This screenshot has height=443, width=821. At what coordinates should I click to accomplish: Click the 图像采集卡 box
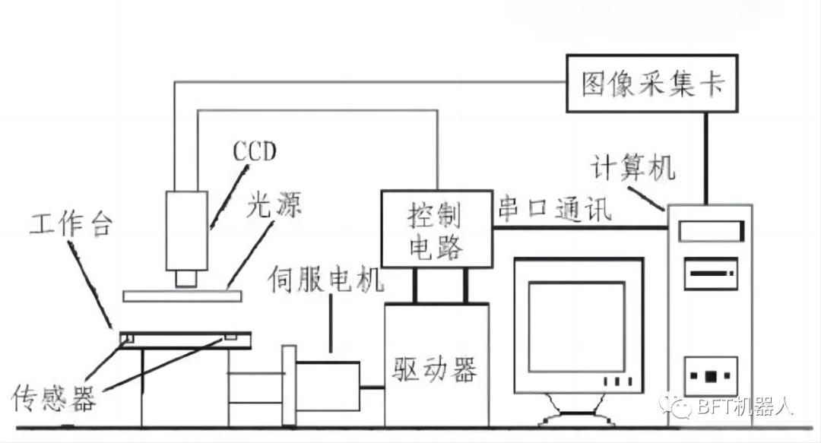point(652,84)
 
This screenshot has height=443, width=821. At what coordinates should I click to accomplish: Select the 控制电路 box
point(436,229)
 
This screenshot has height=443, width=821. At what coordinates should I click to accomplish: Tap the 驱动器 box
point(436,365)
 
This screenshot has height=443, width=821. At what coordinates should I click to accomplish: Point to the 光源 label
point(274,204)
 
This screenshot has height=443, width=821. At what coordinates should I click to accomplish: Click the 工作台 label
point(71,224)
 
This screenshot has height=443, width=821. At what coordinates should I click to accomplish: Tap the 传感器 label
point(54,398)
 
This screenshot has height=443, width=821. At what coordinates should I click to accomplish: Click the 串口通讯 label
point(554,207)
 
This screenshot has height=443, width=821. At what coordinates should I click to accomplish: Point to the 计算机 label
point(632,168)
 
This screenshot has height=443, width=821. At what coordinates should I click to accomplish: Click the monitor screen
point(577,327)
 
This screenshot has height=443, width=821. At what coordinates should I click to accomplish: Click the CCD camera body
point(187,230)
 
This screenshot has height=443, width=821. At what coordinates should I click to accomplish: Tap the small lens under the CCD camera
point(186,278)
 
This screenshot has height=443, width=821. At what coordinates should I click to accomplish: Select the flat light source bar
point(182,296)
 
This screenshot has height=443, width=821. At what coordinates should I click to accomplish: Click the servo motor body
point(328,386)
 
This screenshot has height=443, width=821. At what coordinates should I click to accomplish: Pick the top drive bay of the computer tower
point(712,231)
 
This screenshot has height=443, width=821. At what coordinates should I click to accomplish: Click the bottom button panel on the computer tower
point(711,376)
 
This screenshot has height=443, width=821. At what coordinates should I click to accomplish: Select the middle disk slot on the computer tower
point(711,274)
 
